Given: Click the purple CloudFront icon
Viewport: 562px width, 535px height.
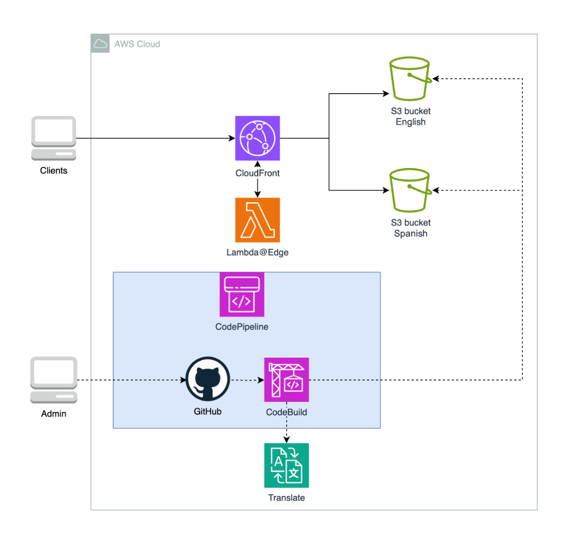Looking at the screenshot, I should [x=257, y=138].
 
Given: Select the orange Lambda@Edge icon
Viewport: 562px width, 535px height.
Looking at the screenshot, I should [x=257, y=220].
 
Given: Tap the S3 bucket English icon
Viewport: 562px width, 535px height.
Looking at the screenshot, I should [x=410, y=79].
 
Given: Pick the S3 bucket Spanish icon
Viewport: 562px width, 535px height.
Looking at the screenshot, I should [x=410, y=191].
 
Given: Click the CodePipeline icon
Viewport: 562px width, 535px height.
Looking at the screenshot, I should [x=242, y=294].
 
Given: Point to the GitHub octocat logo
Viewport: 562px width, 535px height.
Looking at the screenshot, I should [x=207, y=379].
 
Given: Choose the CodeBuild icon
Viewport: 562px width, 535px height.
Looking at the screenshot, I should [x=286, y=380].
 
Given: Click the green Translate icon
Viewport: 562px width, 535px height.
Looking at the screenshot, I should [x=286, y=465].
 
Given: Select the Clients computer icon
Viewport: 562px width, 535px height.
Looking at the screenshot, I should [x=54, y=138].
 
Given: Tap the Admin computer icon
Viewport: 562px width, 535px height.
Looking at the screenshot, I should [x=54, y=380].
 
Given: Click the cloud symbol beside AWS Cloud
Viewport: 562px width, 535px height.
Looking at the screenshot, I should [x=100, y=44].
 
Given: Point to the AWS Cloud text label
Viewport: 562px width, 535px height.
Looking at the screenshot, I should [x=137, y=44].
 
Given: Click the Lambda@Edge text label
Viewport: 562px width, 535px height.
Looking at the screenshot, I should [x=257, y=253].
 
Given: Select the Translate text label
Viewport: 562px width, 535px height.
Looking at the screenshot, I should [x=286, y=498].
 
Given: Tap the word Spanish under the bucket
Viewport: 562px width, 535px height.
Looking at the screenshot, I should [x=410, y=234].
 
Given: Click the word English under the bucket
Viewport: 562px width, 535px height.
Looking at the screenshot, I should [x=410, y=122].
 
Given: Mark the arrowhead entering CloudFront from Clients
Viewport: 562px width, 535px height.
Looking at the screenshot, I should [x=232, y=138].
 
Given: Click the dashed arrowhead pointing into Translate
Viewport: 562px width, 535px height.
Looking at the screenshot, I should [x=286, y=440].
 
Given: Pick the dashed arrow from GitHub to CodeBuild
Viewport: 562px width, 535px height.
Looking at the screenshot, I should [x=247, y=380].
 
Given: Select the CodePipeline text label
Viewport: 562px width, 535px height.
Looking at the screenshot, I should [x=242, y=327].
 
